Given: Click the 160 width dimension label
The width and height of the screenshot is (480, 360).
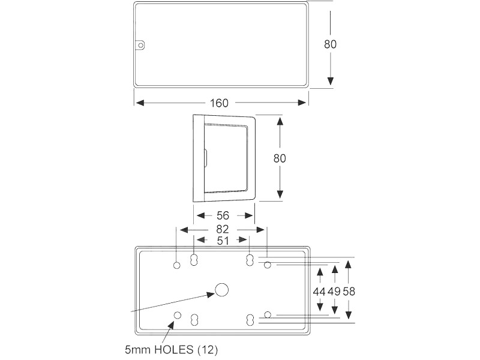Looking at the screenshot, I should pos(219,103).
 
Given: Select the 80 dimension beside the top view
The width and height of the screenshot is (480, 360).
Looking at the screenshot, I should pos(331,44).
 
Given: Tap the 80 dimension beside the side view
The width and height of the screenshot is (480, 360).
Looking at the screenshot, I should pos(280,158).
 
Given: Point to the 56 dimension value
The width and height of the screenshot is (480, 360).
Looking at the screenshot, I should pos(223,215).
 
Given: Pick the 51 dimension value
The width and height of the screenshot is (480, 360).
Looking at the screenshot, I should pos(222,241).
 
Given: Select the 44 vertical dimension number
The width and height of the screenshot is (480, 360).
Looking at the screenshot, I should pos(320,291).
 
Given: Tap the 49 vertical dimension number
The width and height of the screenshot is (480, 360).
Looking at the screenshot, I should pos(334,291).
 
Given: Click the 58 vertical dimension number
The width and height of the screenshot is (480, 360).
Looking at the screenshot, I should pos(349,291).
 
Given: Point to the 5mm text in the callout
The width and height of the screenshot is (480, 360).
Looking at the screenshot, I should pos(138,348).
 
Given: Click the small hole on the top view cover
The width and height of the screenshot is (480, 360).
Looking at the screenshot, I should pos(141,45).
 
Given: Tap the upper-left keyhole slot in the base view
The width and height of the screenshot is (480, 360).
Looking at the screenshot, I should pos(194,260).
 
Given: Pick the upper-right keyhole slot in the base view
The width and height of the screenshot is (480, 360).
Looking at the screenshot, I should pos(250,260).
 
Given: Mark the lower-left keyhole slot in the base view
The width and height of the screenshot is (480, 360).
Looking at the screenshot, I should pos(194,320).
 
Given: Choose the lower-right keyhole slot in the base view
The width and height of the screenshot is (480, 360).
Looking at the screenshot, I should pos(250,320).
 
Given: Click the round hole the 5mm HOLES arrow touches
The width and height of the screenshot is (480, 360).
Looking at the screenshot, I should pos(178,316).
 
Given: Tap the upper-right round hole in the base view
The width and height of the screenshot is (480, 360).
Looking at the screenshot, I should pos(268,265).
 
